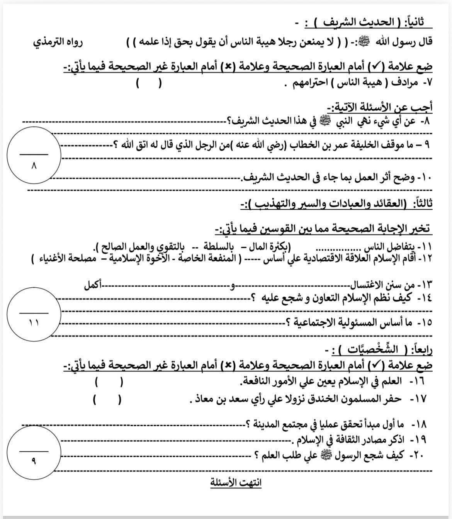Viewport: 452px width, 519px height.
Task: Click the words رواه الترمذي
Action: click(58, 41)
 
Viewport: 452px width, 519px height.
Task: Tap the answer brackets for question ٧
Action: click(148, 83)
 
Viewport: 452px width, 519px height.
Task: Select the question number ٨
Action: click(425, 121)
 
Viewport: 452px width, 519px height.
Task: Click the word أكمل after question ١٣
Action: click(93, 286)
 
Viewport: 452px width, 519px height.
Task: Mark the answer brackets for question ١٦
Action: click(109, 382)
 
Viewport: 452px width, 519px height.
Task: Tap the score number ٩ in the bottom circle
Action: click(34, 461)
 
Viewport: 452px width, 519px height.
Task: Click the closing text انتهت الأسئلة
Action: click(236, 483)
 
